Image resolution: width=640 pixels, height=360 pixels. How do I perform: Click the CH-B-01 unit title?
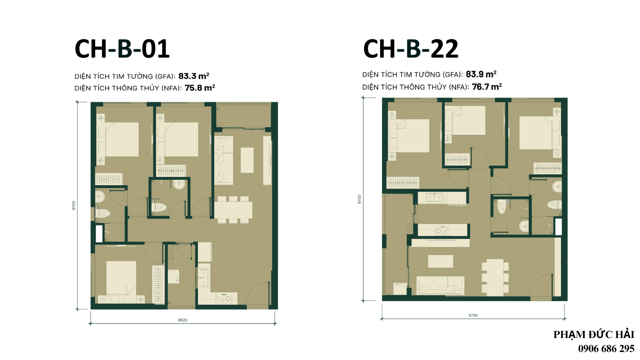(x=122, y=49)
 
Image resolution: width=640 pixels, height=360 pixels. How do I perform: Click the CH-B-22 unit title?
(x=410, y=49)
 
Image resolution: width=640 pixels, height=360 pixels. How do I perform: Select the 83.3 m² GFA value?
(x=194, y=76)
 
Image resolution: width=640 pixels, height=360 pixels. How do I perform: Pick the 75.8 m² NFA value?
(x=200, y=88)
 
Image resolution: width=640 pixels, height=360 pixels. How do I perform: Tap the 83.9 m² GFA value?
(x=481, y=74)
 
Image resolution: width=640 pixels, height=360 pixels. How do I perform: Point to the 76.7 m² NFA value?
(x=487, y=86)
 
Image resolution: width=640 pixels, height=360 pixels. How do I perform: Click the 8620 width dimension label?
(x=182, y=320)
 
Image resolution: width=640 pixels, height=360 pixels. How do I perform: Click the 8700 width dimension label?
(x=473, y=315)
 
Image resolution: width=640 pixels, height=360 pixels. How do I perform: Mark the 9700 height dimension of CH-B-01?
(x=74, y=206)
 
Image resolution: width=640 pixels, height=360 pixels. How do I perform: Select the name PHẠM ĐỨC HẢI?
(x=594, y=334)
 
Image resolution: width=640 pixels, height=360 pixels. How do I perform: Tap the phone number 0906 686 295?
(x=606, y=348)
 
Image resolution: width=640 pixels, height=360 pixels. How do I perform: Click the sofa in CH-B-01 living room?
(x=224, y=160)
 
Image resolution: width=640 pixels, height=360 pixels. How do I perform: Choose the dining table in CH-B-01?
(x=233, y=210)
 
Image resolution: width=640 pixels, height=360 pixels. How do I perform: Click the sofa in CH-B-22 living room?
(x=440, y=285)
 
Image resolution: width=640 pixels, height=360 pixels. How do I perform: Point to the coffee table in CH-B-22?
(x=440, y=261)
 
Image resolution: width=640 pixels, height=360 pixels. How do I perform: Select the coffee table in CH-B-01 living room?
(x=247, y=160)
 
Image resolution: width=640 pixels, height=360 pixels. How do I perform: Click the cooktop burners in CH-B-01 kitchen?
(x=224, y=298)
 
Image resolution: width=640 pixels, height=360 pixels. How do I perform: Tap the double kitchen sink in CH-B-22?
(x=434, y=198)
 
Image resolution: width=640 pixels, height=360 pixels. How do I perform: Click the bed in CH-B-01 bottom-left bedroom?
(x=121, y=278)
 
